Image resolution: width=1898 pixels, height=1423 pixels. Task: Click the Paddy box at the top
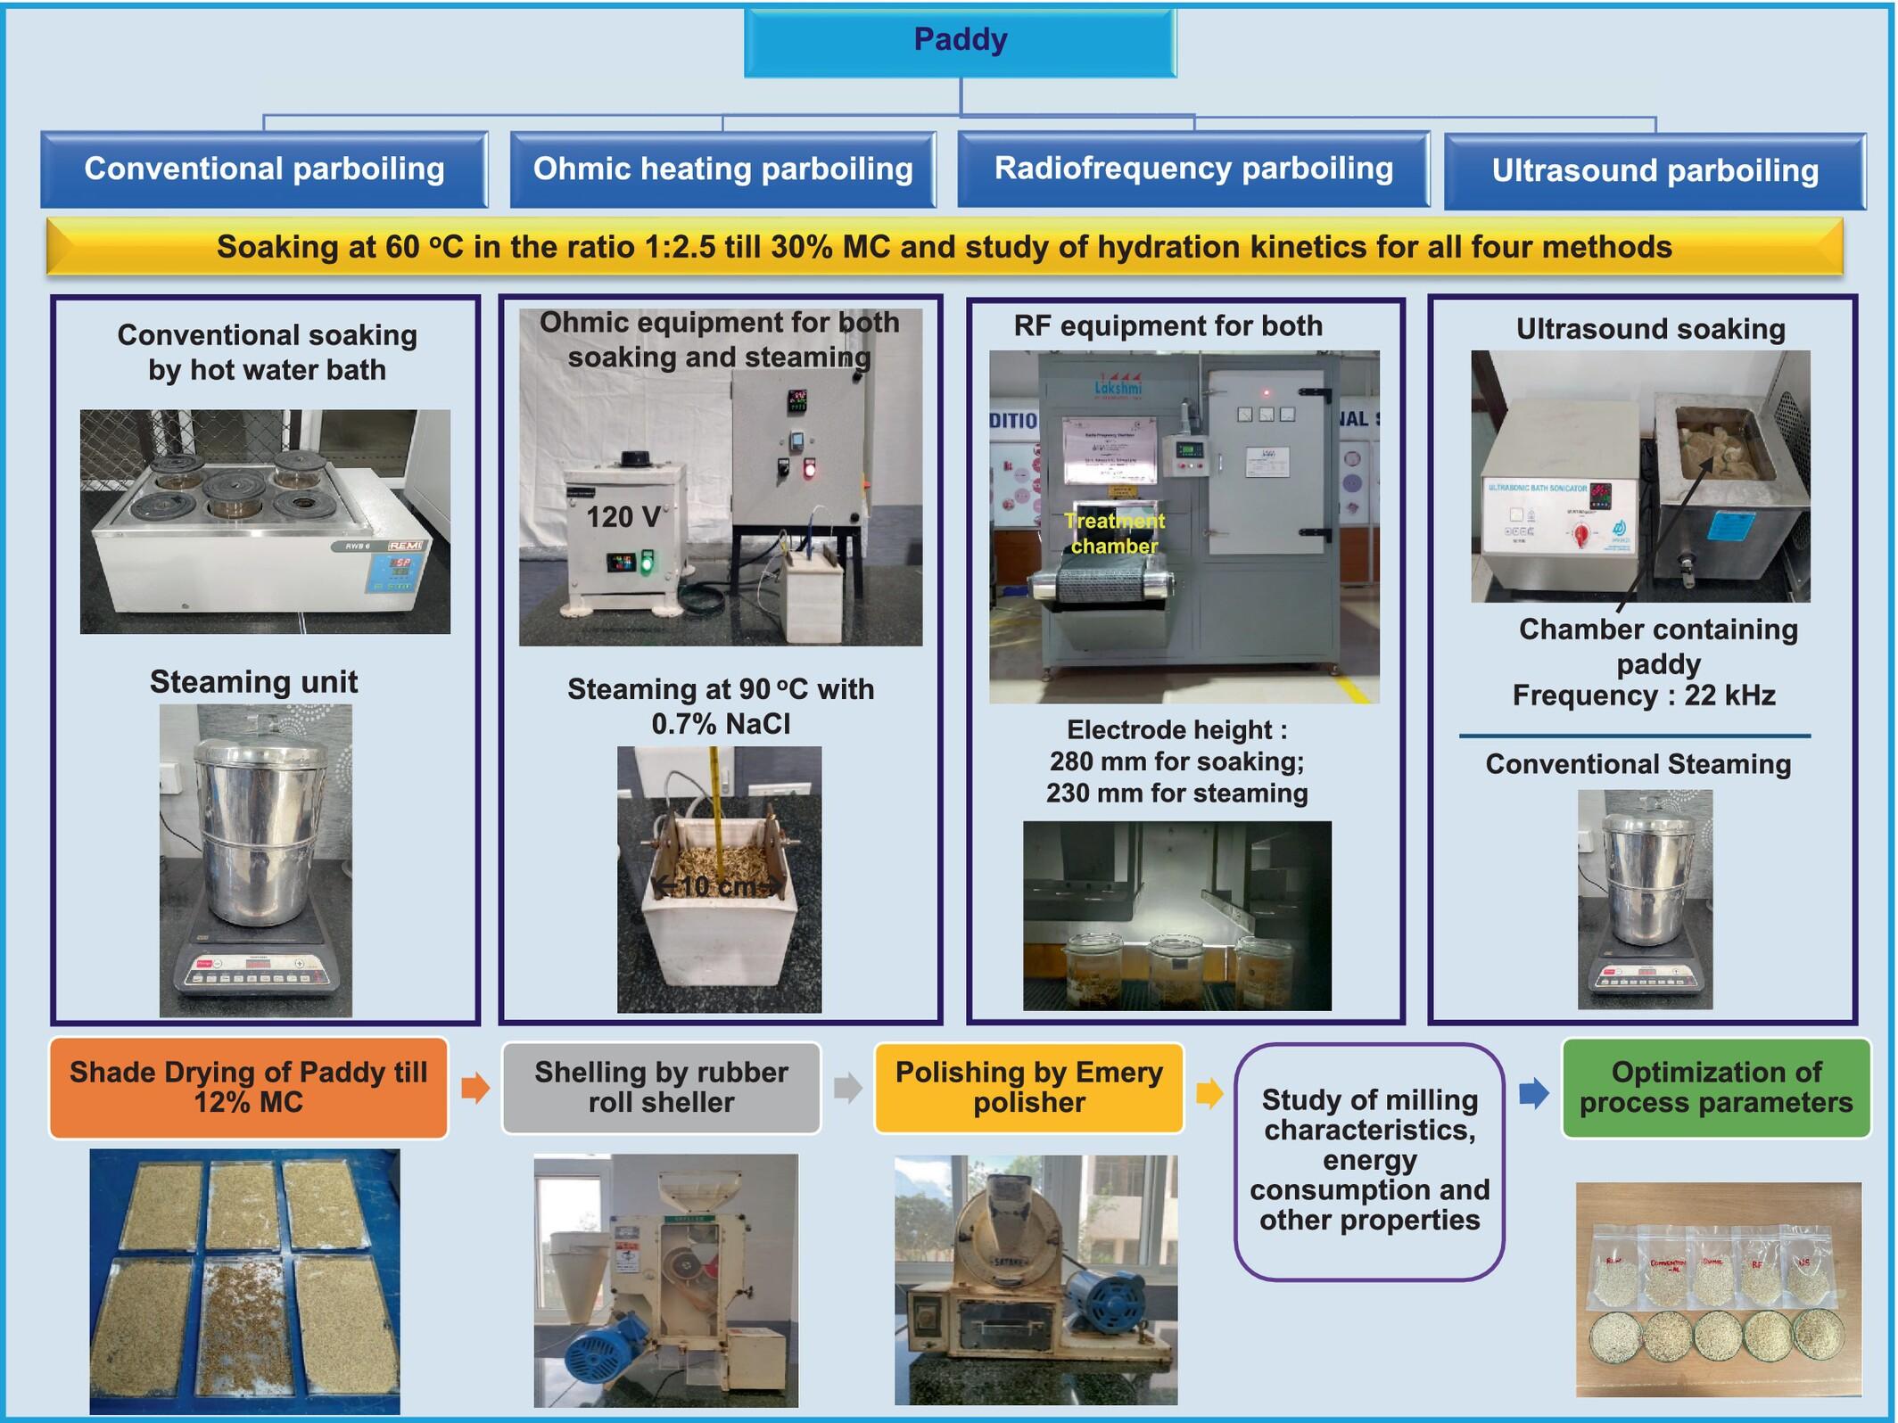tap(960, 41)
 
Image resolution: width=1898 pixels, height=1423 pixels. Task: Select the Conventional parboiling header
tap(264, 169)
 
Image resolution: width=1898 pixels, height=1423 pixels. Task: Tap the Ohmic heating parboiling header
tap(722, 169)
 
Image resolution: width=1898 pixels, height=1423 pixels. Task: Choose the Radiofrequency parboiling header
tap(1193, 169)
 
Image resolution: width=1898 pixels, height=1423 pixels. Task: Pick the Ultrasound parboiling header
tap(1655, 171)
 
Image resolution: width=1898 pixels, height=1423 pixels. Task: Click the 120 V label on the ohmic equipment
tap(623, 517)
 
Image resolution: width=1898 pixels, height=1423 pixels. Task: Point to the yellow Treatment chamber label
tap(1114, 533)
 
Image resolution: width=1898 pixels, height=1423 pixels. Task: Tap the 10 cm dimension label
tap(719, 886)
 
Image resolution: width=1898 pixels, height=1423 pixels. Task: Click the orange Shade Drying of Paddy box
tap(249, 1087)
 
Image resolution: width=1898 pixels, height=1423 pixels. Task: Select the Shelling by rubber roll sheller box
tap(661, 1087)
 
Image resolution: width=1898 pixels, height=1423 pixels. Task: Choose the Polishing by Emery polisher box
tap(1029, 1087)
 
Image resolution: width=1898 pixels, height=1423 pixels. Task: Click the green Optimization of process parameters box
tap(1715, 1087)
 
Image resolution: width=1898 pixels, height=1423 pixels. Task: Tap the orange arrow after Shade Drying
tap(475, 1088)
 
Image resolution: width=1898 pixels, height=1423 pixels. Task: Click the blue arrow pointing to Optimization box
tap(1534, 1092)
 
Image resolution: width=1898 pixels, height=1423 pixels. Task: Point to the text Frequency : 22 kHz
tap(1643, 695)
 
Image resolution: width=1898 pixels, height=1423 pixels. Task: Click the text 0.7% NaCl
tap(721, 724)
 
